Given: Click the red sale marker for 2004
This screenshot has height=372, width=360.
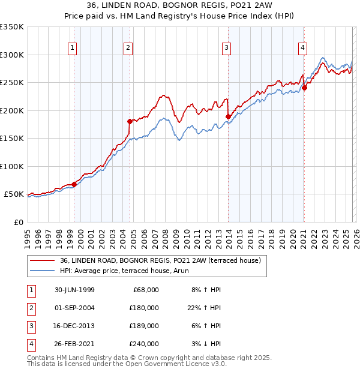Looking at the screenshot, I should [x=130, y=121].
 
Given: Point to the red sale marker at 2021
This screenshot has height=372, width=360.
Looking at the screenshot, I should [x=304, y=88].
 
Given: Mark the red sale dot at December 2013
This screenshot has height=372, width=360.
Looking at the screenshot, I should [x=228, y=116].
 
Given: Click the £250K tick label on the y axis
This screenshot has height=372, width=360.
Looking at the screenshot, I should [x=12, y=83].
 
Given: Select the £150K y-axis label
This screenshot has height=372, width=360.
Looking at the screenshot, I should [x=12, y=139].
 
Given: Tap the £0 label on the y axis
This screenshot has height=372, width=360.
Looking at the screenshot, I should [x=18, y=222].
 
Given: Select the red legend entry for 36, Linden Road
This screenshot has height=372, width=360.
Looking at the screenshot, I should [x=160, y=261].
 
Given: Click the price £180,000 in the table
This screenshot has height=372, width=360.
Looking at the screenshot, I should [x=144, y=307].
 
